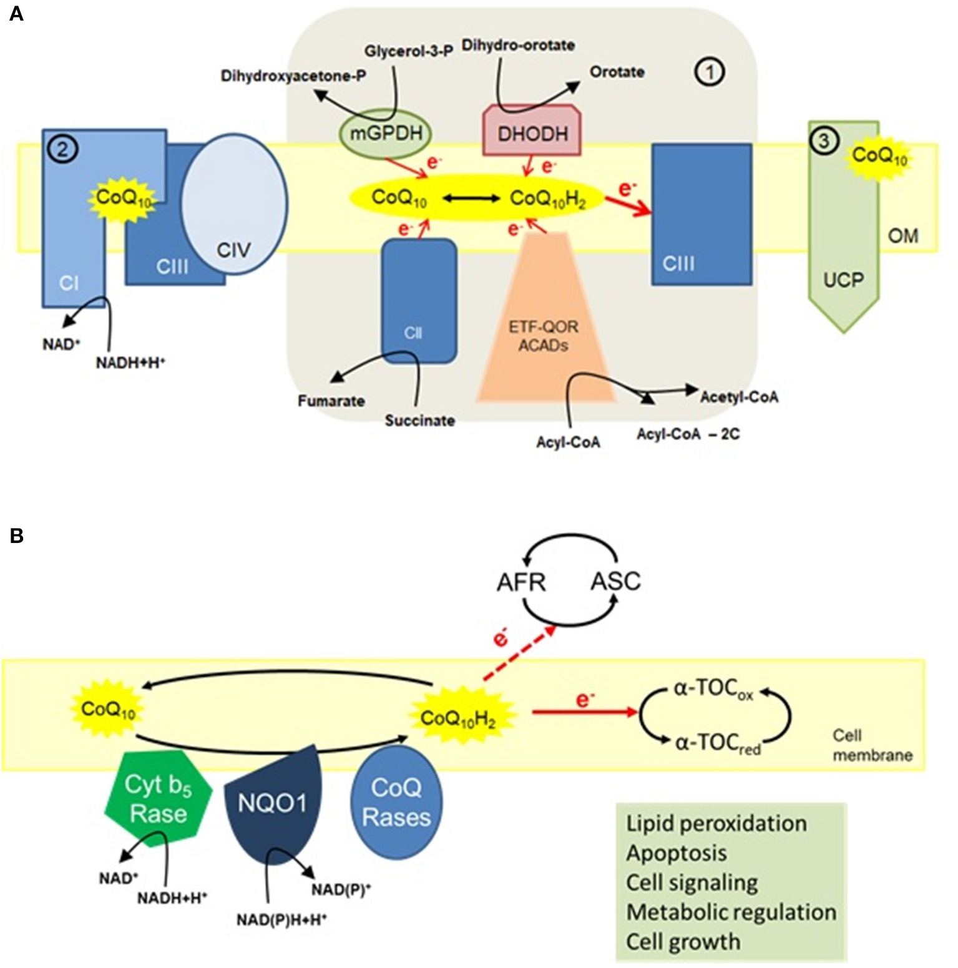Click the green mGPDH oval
[386, 132]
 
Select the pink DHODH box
[532, 132]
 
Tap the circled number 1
[709, 72]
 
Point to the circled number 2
[62, 149]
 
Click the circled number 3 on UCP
[823, 141]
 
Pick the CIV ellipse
[234, 205]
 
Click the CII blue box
[419, 300]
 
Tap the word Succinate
[419, 421]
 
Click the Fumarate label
[331, 401]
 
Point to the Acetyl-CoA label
[739, 397]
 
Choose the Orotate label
[617, 72]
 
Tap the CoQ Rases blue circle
[396, 803]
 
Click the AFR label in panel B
[521, 582]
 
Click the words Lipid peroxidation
[716, 823]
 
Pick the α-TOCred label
[718, 744]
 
